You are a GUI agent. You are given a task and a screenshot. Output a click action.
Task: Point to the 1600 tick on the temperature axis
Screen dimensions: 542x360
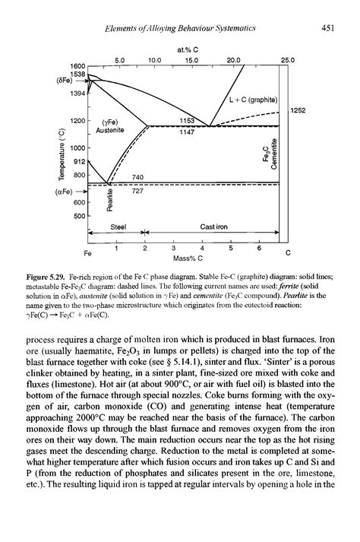coord(77,65)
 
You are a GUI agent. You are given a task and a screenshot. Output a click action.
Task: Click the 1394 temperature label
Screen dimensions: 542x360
coord(77,92)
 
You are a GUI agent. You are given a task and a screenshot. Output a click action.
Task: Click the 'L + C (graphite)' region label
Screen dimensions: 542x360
coord(254,98)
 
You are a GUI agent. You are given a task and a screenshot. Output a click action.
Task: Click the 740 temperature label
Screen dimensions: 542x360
coord(137,176)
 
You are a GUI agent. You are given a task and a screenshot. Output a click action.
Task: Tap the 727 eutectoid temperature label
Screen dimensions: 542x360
coord(137,192)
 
